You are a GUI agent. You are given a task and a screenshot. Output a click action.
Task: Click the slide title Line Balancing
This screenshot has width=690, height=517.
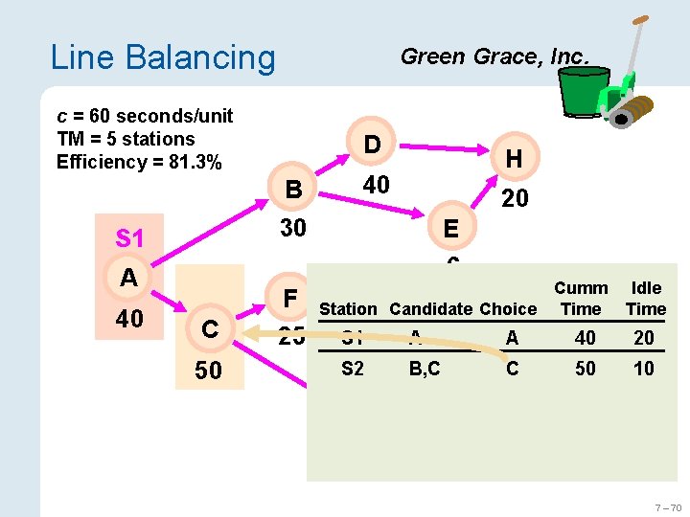coord(162,57)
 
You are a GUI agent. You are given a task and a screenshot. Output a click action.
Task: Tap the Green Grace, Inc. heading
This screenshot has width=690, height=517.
coord(494,56)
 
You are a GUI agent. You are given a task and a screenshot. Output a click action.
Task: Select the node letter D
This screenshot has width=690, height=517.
coord(372,145)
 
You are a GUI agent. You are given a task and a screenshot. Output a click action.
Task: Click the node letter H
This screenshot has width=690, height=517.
coord(514,160)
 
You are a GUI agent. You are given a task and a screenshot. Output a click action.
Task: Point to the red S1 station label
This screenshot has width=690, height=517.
coord(129,237)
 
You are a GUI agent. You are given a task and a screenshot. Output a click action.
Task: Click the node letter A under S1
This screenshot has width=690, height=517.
coord(129,278)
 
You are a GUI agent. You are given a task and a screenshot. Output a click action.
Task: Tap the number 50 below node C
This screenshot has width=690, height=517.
coord(208,371)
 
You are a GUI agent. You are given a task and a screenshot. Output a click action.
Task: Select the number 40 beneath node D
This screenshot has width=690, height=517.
coord(376,185)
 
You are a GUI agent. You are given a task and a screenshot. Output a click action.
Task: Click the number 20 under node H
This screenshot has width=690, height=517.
coord(515,198)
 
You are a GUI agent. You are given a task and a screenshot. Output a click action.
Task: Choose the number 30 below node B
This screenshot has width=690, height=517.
coord(293,229)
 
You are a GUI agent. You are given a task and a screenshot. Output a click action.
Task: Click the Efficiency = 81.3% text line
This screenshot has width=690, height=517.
coord(139,162)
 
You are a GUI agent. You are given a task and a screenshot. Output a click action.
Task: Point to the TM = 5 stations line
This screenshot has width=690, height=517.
coord(126,139)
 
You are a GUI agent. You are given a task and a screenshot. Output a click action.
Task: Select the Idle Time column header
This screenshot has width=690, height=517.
coord(645,299)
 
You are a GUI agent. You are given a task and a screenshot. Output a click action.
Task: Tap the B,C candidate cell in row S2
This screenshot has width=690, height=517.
coord(424,369)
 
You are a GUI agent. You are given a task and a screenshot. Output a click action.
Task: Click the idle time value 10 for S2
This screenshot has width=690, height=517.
coord(644,369)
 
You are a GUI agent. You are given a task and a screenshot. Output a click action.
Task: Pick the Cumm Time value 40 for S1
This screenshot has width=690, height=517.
coord(585,337)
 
